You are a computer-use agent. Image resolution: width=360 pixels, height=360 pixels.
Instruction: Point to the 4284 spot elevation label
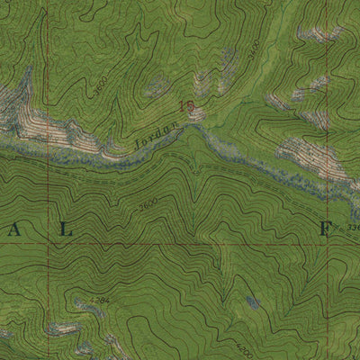coord(99,300)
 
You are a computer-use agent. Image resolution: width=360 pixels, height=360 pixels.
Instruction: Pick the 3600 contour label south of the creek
coord(149,200)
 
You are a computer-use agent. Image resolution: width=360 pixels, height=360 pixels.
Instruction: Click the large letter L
coord(64,229)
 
